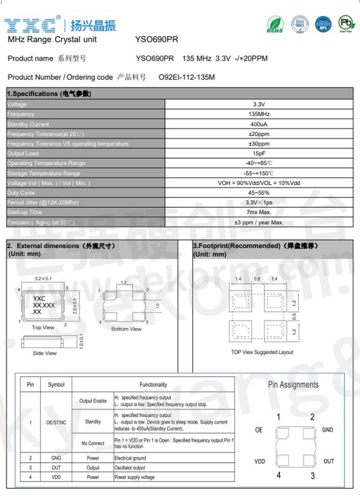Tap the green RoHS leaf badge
(275, 25)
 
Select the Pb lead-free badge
(346, 24)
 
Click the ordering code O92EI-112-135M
(186, 77)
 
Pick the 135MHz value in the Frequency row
(259, 114)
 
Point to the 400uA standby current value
(259, 124)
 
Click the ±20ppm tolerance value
(259, 134)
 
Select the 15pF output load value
(259, 153)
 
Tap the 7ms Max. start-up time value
(259, 212)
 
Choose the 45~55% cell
(259, 193)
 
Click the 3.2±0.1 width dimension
(43, 278)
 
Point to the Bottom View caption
(126, 329)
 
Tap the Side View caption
(45, 353)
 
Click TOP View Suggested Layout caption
(262, 352)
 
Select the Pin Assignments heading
(293, 385)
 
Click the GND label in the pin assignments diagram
(327, 429)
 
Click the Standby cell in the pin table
(93, 422)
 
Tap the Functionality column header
(153, 385)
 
